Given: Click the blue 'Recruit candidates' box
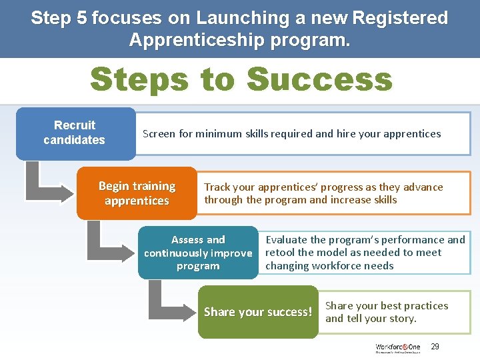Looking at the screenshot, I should [x=75, y=133].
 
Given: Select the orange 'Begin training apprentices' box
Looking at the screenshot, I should [x=137, y=193].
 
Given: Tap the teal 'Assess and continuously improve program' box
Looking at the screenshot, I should [x=198, y=253].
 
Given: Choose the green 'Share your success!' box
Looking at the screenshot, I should [x=257, y=312].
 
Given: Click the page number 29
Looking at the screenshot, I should [x=435, y=347].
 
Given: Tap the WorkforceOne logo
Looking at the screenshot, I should [x=398, y=347].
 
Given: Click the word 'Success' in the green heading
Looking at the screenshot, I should [x=320, y=79].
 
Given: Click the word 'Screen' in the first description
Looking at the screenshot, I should [x=159, y=133].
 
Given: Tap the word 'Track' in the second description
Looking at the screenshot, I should [x=217, y=187].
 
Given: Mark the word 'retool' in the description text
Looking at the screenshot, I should [x=280, y=253].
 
